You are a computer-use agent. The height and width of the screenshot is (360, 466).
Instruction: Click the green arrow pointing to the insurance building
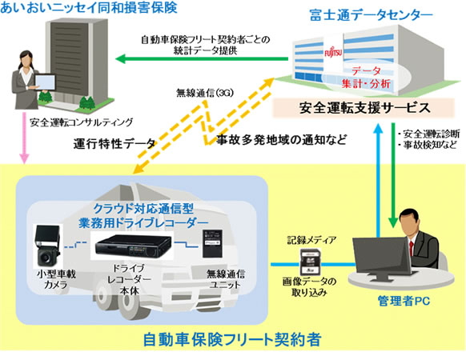[200, 58]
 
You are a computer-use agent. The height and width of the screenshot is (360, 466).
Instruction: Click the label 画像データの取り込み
[308, 287]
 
